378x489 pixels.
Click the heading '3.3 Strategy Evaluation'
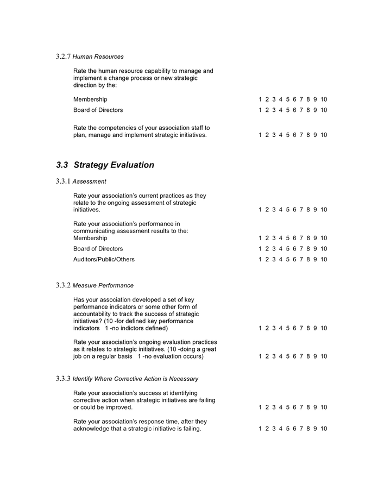click(105, 165)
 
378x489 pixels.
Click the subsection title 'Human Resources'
click(98, 57)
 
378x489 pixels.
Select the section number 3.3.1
click(63, 181)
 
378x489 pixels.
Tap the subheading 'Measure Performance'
click(103, 285)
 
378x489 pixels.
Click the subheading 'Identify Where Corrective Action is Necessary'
click(135, 379)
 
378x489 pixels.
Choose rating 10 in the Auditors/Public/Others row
click(324, 260)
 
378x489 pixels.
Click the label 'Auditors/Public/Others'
click(104, 260)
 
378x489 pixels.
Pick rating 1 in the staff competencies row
click(260, 135)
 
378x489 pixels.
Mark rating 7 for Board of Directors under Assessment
click(301, 249)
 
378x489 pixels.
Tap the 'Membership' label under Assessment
click(90, 238)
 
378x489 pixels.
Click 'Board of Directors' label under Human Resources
click(98, 110)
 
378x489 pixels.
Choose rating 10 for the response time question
click(324, 429)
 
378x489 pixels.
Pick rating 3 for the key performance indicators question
click(274, 328)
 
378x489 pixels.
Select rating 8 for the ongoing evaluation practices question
click(308, 356)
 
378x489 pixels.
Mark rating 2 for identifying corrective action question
click(267, 407)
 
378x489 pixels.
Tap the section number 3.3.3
click(63, 379)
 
